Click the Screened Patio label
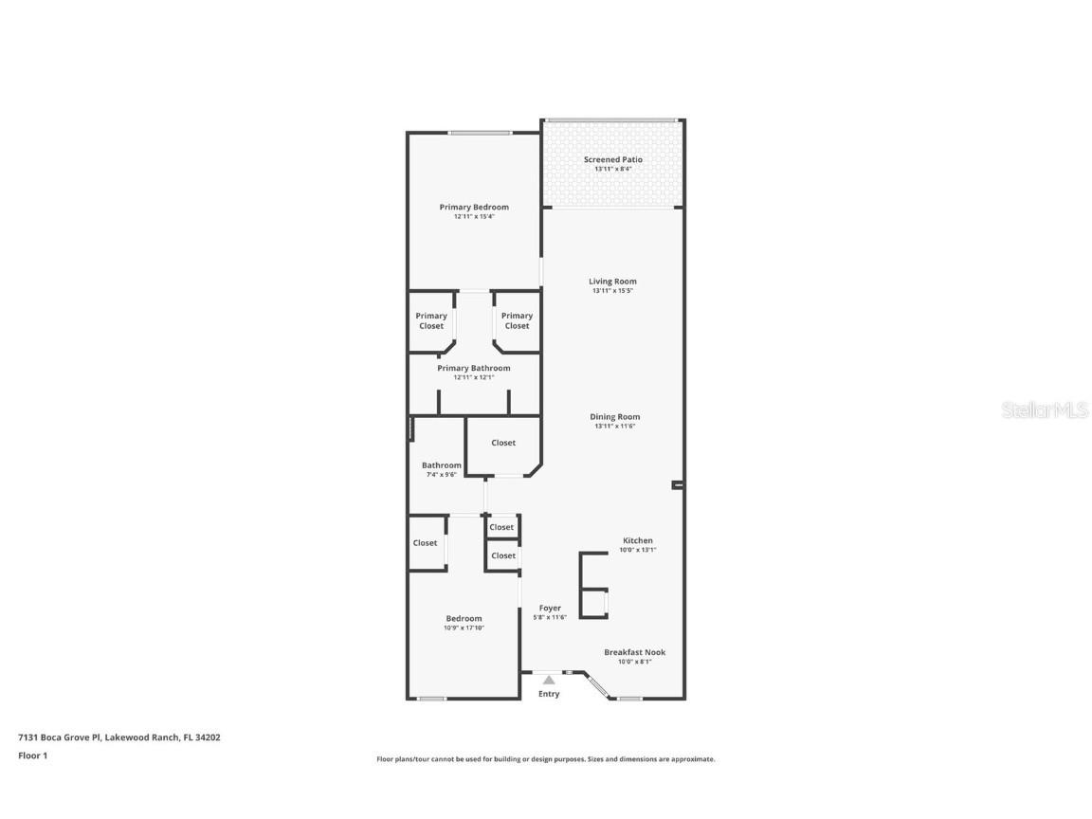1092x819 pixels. click(612, 159)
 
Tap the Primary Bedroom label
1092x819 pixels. click(473, 207)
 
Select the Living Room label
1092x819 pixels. click(612, 281)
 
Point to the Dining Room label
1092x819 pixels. click(614, 416)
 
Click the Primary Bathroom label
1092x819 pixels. click(473, 368)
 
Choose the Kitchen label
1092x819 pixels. click(637, 540)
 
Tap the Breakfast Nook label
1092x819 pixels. click(634, 652)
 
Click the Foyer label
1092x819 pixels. click(550, 608)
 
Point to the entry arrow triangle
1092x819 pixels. click(548, 679)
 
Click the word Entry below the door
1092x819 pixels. click(549, 694)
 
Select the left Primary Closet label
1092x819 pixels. click(431, 320)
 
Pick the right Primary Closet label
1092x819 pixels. click(517, 320)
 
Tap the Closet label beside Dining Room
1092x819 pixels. click(503, 443)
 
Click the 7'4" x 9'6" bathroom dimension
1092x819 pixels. click(442, 474)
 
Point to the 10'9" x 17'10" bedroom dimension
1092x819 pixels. click(464, 628)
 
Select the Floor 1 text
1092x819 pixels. click(32, 755)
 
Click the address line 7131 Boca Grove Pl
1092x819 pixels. click(118, 737)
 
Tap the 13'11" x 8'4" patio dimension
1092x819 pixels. click(612, 169)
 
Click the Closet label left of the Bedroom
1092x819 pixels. click(425, 543)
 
